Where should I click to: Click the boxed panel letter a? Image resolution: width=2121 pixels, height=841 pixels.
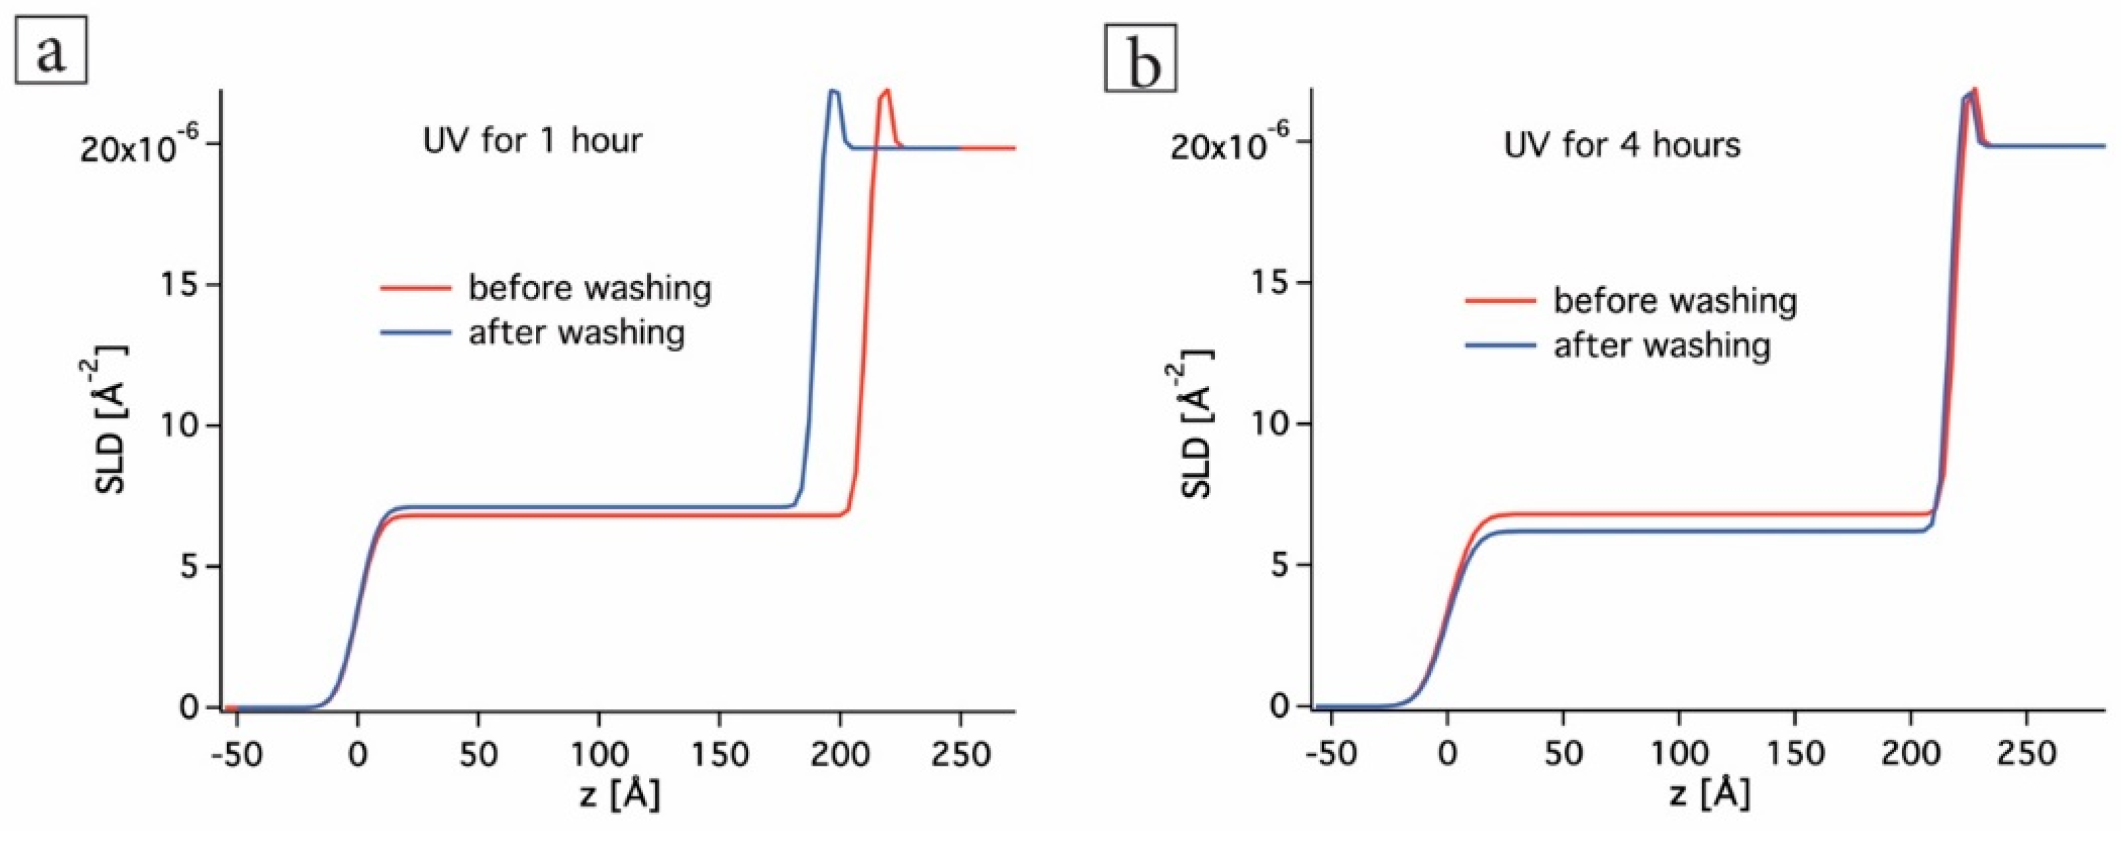50,55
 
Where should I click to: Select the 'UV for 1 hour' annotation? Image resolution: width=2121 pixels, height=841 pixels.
532,141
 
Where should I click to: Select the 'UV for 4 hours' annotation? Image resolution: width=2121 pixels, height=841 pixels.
1622,146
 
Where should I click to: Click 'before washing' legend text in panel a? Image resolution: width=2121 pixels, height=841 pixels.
590,288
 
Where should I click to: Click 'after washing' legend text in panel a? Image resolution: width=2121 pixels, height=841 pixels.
577,333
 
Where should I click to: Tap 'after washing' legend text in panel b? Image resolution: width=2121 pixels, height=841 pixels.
1662,345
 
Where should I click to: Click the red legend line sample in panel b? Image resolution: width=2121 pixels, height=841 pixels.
1500,300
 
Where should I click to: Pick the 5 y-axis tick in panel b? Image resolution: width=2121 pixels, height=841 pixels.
1278,566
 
